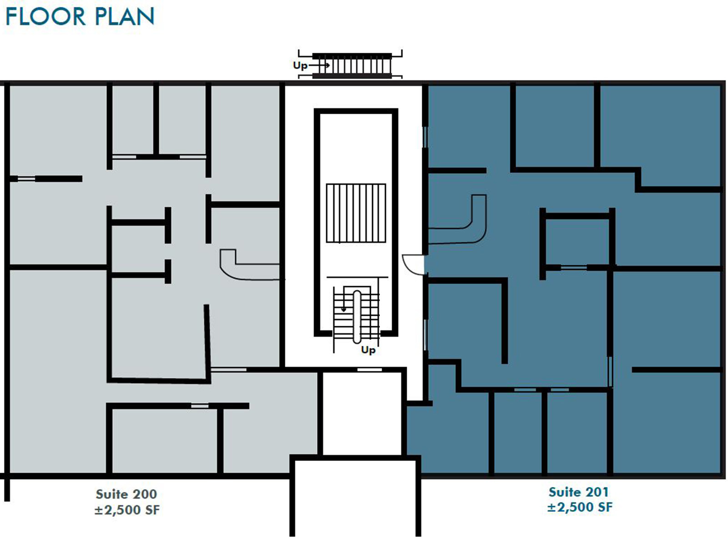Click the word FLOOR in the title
45,16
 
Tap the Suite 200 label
126,494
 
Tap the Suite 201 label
578,492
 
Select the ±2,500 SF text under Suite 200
127,510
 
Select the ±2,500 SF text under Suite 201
580,507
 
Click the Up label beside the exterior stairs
300,66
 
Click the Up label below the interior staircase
368,350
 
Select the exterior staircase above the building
352,66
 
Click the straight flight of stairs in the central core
356,213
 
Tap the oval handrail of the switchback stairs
357,316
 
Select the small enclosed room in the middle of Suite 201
577,241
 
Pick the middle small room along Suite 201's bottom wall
518,432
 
